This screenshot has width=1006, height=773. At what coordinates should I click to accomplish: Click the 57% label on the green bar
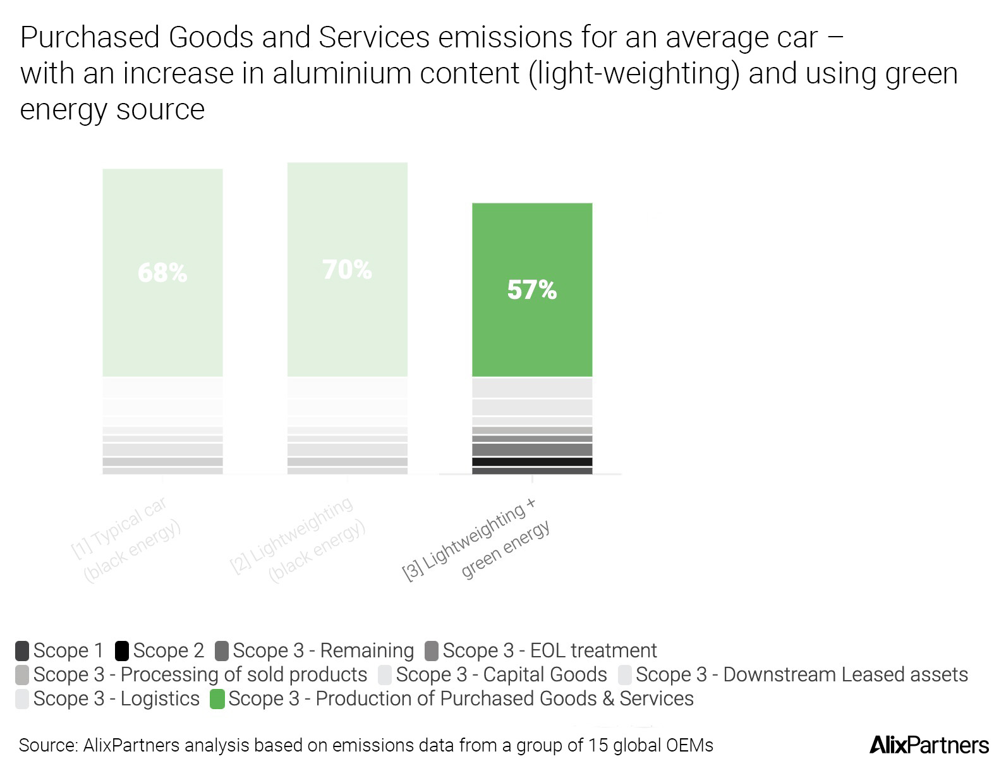point(531,290)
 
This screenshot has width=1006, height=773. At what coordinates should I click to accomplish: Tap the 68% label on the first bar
point(162,273)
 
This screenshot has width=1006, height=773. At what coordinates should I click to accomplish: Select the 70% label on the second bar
point(347,270)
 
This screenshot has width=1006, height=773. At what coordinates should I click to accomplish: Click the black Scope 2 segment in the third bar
point(532,462)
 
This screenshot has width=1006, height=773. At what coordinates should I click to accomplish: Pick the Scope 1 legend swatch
point(22,650)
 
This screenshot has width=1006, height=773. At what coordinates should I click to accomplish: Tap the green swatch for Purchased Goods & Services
point(217,699)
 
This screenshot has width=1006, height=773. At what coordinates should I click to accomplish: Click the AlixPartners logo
point(929,745)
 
